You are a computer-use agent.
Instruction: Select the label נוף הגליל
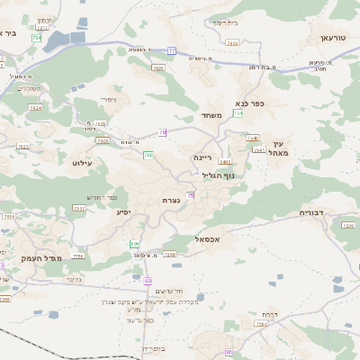218,175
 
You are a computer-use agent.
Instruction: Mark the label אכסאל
208,238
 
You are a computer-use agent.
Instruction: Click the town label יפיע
124,211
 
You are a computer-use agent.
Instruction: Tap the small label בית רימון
222,22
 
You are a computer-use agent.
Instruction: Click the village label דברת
267,314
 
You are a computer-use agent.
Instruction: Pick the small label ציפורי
108,99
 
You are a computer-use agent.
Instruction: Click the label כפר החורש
107,195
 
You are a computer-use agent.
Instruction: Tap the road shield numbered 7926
158,68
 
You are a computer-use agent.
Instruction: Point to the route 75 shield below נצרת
191,184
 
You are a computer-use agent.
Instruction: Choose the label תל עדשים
168,291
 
